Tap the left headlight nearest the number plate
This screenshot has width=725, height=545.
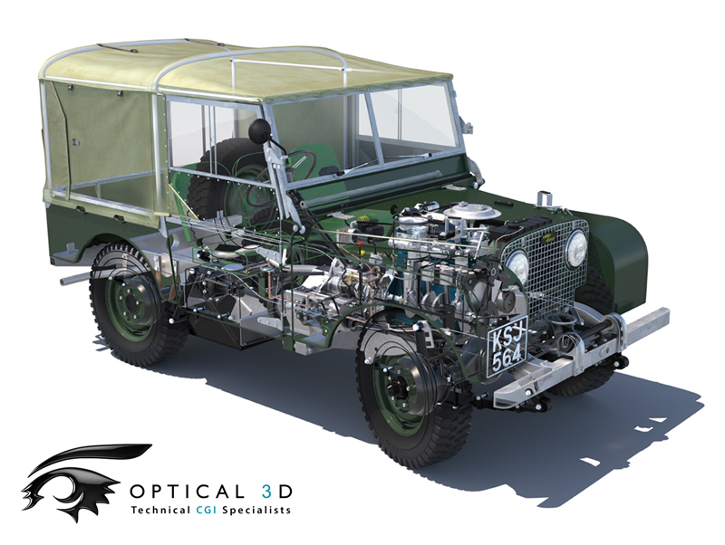[x=517, y=266]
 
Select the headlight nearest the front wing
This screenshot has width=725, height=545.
[x=576, y=248]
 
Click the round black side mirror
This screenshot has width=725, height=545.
[x=259, y=130]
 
